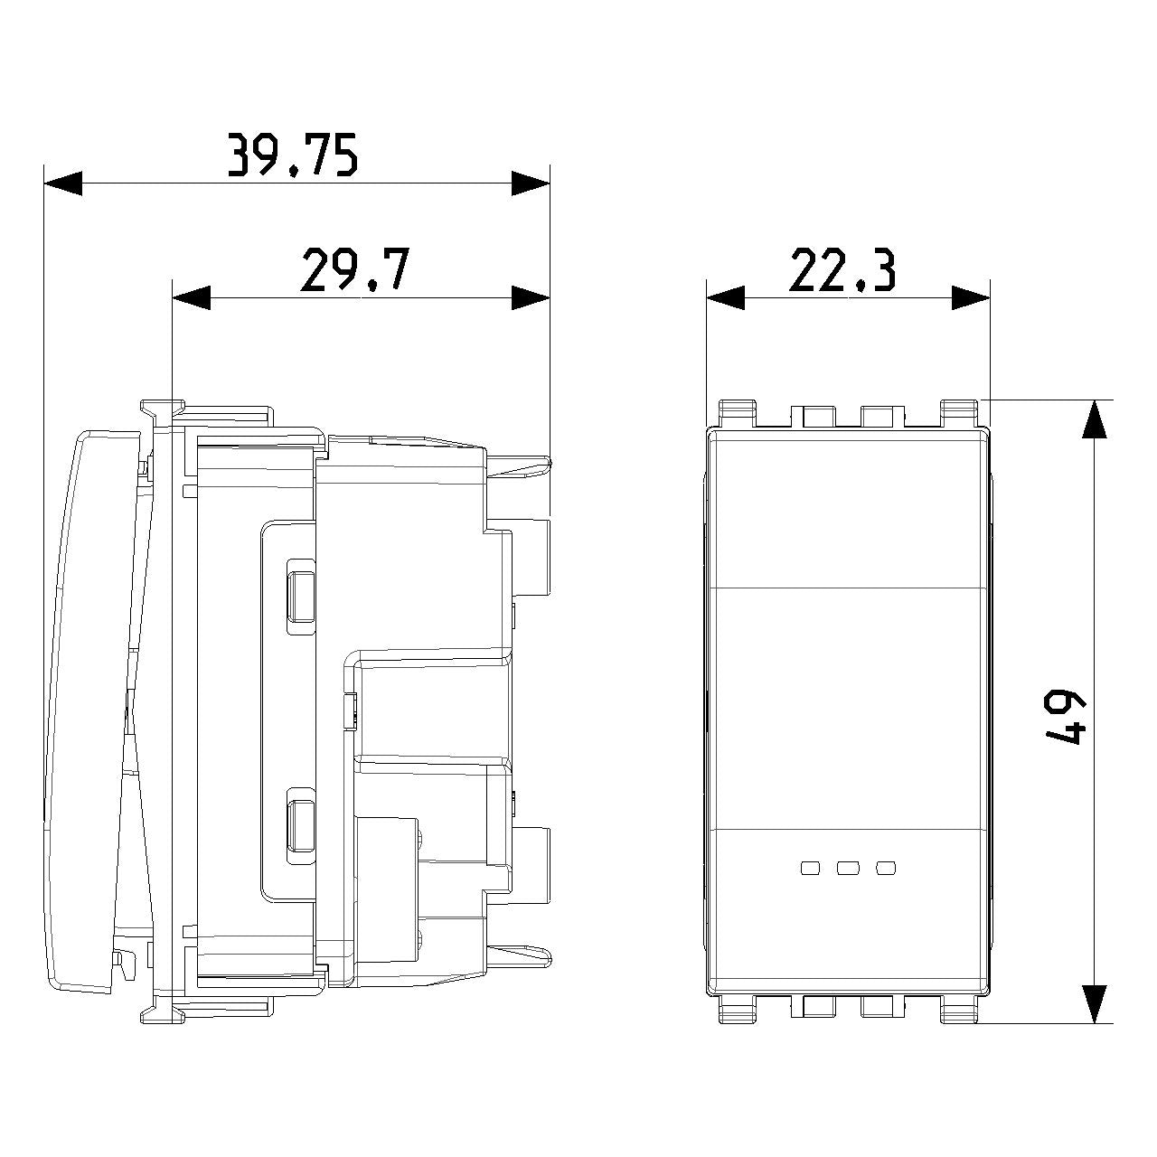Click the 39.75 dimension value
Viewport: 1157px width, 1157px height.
[x=293, y=155]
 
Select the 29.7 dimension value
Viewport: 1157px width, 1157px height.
[x=355, y=269]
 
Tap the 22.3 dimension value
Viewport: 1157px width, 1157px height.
[x=842, y=271]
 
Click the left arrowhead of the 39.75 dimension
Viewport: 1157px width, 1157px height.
[x=63, y=183]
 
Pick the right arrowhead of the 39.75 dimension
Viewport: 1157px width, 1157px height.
[x=531, y=183]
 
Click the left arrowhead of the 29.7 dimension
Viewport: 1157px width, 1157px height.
[x=192, y=297]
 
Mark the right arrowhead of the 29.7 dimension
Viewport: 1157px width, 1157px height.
[x=531, y=297]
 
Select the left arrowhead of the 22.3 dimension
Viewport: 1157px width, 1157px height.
[x=725, y=297]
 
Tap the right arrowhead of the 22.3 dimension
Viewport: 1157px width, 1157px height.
[x=971, y=297]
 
